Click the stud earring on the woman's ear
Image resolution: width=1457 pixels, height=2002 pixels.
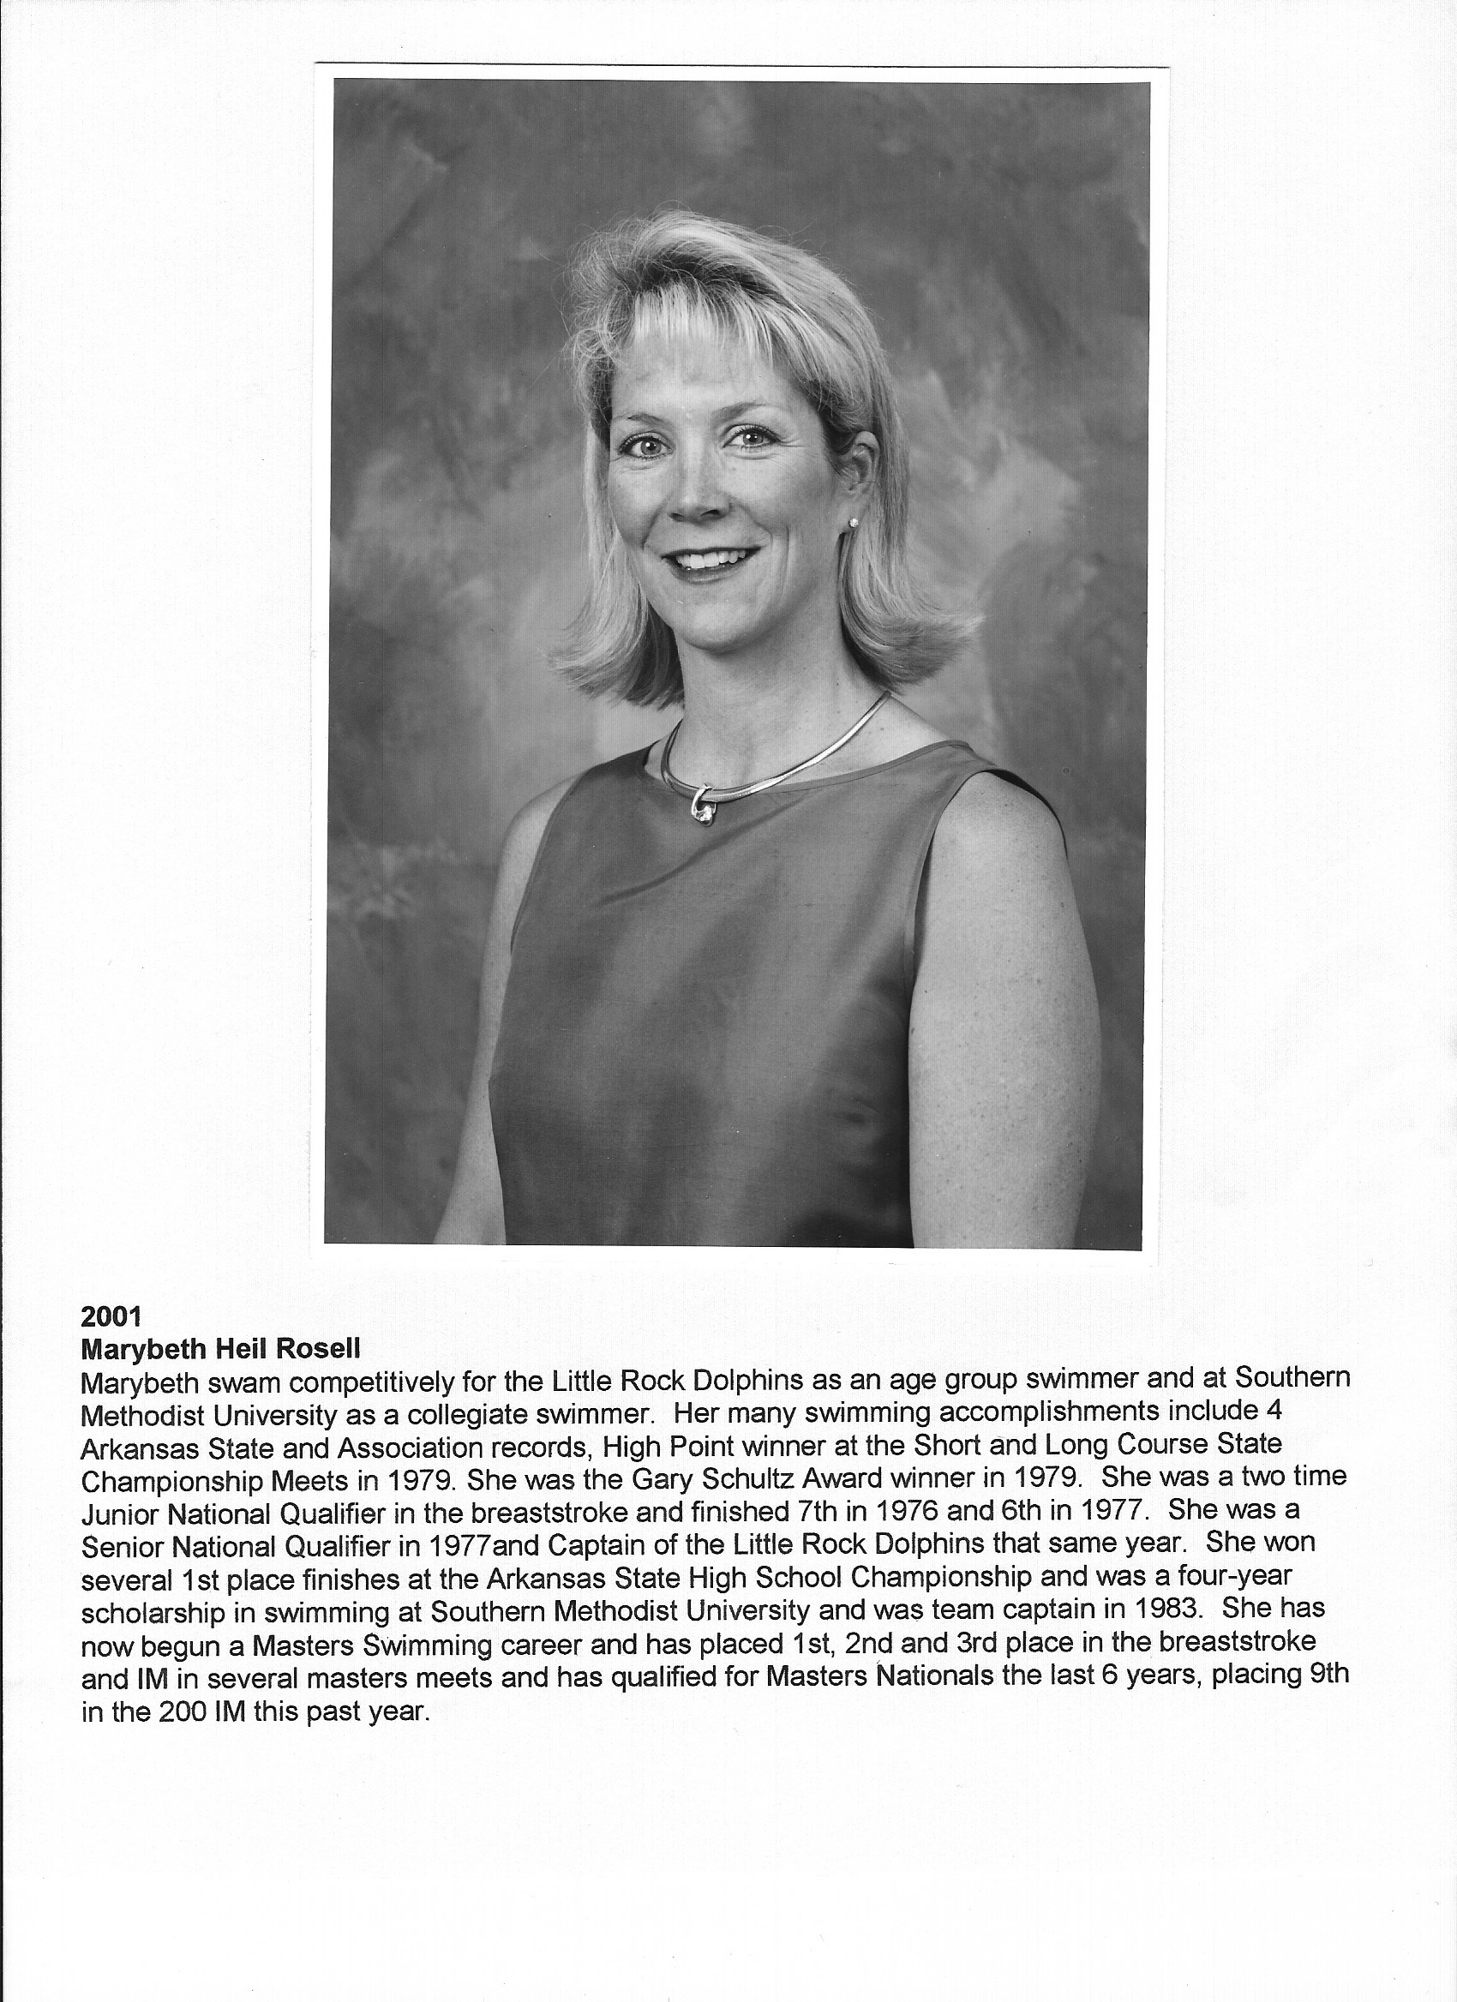click(853, 524)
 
